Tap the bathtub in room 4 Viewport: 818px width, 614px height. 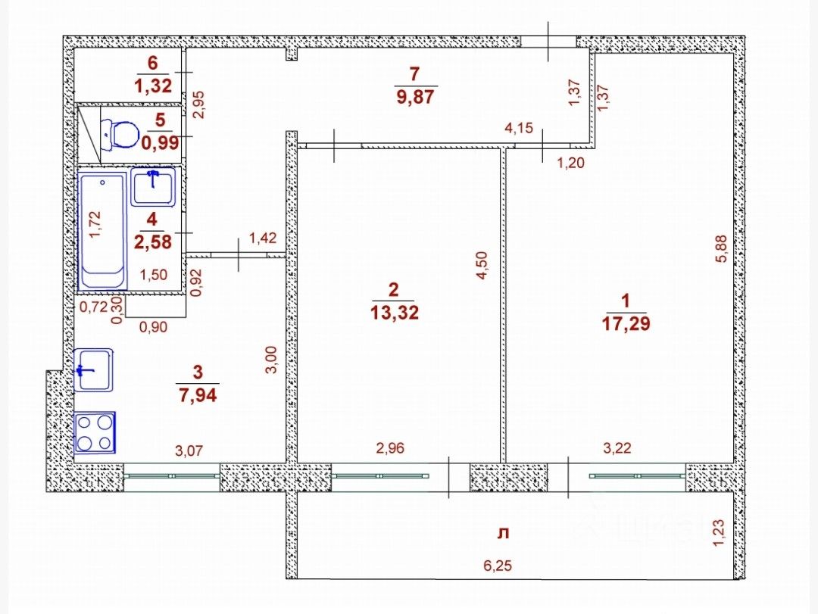pos(102,230)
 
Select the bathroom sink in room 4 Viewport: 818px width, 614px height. pos(153,186)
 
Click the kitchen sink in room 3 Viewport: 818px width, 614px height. pos(94,369)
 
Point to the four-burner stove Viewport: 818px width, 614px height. pos(95,432)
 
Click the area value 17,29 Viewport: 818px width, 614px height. pos(626,324)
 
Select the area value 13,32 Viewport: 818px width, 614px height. pos(392,312)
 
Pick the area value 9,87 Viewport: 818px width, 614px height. pos(414,97)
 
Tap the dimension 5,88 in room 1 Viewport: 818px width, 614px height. pos(721,248)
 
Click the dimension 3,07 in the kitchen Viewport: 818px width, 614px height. pos(189,451)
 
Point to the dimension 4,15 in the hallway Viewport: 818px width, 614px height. pos(520,129)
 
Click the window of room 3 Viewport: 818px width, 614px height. pos(173,476)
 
